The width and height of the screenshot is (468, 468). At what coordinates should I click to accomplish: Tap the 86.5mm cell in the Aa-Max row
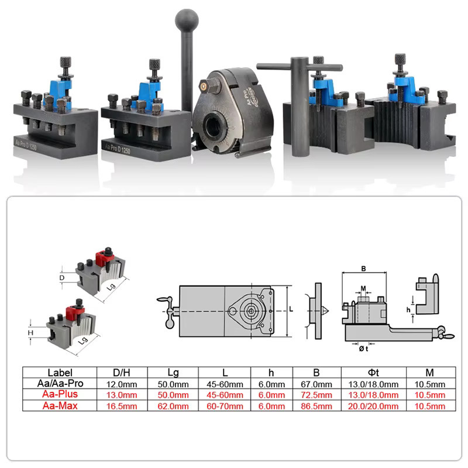(x=316, y=406)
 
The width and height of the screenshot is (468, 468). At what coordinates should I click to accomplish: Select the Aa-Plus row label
(x=60, y=394)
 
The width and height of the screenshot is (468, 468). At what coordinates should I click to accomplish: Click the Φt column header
(x=373, y=373)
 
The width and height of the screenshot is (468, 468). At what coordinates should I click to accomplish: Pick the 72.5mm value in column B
(x=316, y=395)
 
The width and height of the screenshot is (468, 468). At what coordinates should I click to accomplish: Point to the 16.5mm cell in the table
(x=122, y=406)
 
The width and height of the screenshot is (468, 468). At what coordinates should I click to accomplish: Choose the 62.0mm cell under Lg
(x=173, y=406)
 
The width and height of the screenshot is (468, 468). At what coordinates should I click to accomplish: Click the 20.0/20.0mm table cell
(x=373, y=406)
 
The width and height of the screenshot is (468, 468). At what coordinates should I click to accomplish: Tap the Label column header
(x=60, y=373)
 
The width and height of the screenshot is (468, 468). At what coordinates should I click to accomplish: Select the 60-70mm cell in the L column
(x=225, y=406)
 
